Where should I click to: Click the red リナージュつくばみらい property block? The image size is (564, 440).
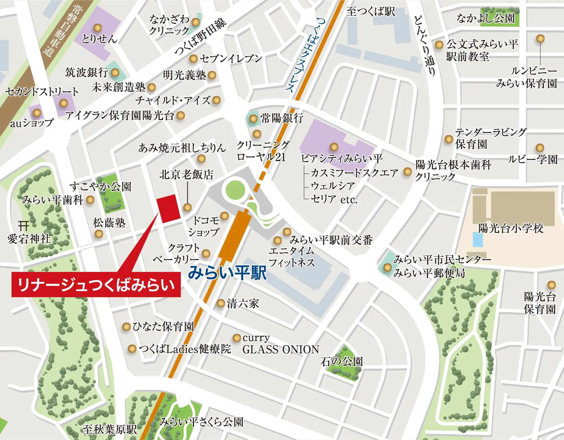[x=168, y=209]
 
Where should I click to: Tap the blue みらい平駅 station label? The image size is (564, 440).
[x=227, y=273]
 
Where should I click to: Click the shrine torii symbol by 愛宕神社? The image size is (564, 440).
[x=24, y=225]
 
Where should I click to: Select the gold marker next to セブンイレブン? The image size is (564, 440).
[x=193, y=59]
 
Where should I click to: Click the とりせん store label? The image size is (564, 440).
[x=99, y=39]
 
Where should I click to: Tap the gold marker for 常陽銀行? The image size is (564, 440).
[x=253, y=119]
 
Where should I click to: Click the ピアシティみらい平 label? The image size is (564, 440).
[x=342, y=158]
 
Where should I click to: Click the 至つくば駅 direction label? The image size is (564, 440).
[x=371, y=12]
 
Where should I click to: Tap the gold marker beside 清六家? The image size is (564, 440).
[x=221, y=303]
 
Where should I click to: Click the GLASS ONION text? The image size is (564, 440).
[x=281, y=350]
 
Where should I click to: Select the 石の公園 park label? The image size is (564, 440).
[x=342, y=362]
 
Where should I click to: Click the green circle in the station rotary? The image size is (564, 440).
[x=235, y=190]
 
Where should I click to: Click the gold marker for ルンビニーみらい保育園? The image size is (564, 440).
[x=540, y=39]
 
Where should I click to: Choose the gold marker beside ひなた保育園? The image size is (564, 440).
[x=126, y=327]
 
